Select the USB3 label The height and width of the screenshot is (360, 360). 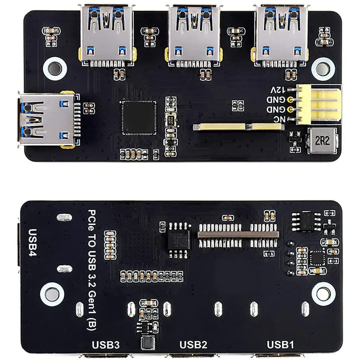(106, 345)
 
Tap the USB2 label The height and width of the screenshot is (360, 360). (193, 345)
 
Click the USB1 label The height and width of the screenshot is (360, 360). (280, 345)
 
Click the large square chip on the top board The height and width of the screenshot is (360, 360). (139, 117)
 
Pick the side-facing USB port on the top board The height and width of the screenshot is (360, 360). (47, 119)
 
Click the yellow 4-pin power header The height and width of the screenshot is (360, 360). (318, 104)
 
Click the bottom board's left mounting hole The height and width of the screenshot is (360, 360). (52, 294)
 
